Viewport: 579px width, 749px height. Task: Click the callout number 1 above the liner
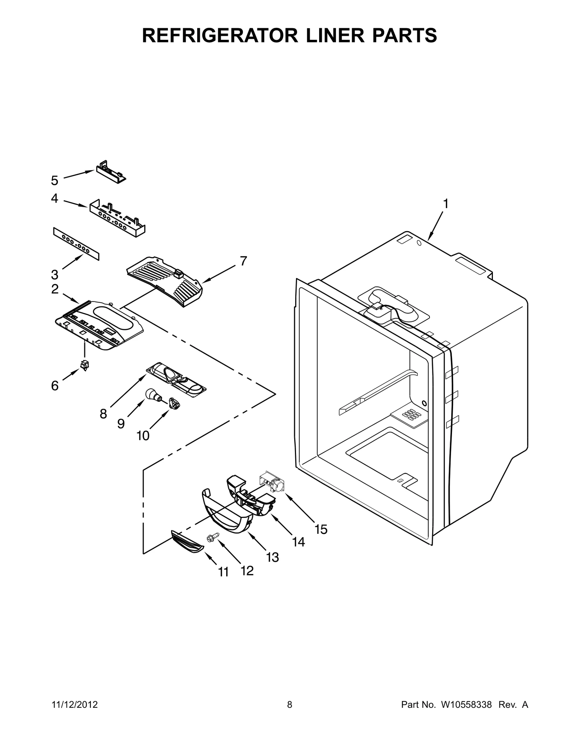click(446, 204)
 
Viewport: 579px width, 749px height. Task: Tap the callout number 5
click(54, 180)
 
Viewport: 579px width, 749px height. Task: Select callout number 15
click(321, 529)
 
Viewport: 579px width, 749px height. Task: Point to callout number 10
click(143, 436)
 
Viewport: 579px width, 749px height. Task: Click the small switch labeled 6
click(85, 365)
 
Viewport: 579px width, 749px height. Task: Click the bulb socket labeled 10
click(174, 403)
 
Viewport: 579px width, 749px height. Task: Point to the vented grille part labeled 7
click(165, 280)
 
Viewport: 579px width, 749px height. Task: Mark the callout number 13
click(272, 557)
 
